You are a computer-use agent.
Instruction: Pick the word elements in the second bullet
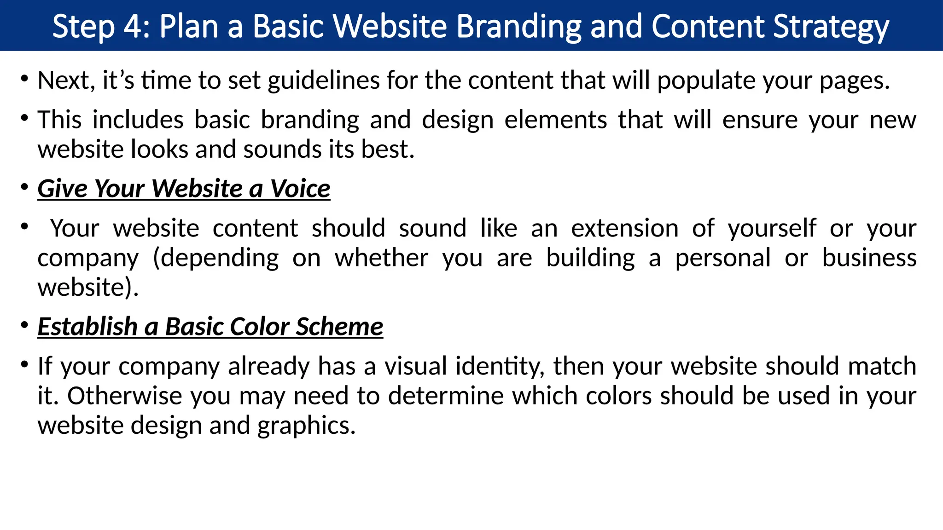click(556, 120)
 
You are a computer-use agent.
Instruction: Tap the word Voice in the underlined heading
click(300, 189)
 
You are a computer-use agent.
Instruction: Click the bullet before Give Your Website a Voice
click(24, 187)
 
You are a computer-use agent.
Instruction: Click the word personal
click(722, 258)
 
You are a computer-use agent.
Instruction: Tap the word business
click(869, 258)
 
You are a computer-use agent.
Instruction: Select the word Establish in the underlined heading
click(87, 327)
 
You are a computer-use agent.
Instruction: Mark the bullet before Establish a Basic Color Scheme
click(24, 325)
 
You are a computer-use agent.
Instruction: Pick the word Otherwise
click(125, 396)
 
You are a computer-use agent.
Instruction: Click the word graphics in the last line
click(306, 426)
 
